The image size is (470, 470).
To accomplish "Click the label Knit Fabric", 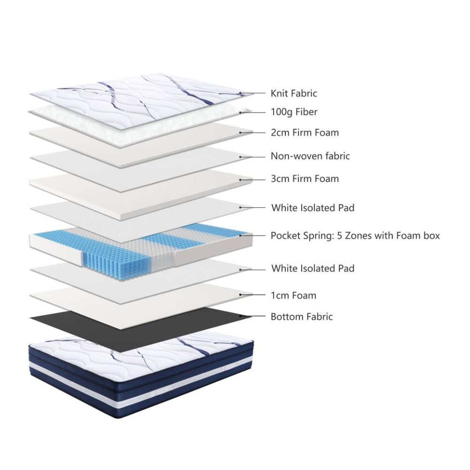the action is click(294, 93).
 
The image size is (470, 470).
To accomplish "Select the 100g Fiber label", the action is click(294, 112).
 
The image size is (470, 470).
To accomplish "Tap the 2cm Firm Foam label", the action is click(305, 133).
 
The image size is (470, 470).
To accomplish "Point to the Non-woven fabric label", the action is click(310, 156).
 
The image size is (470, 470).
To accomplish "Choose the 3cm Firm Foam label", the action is click(305, 179).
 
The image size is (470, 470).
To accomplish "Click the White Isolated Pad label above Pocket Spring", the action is click(313, 208).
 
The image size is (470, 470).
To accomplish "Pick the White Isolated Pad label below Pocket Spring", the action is click(313, 268).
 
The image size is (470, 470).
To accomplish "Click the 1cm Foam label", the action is click(293, 296).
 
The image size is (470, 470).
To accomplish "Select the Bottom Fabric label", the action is click(302, 316).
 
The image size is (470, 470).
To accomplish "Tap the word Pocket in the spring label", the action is click(285, 235).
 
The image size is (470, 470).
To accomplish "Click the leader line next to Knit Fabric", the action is click(253, 94).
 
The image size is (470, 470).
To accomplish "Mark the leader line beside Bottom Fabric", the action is click(253, 316).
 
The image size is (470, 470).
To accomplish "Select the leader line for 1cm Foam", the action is click(253, 295).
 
